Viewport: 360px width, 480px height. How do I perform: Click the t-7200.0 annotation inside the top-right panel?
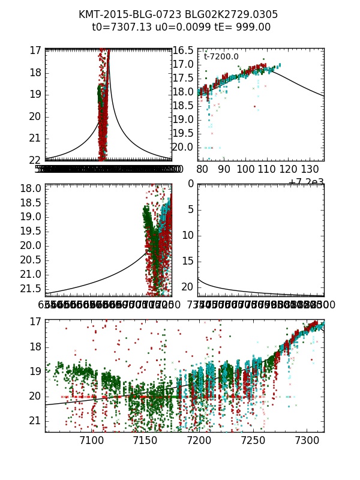point(221,57)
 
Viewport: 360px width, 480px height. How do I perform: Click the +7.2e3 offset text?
point(306,182)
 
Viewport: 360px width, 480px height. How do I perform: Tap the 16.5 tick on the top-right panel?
point(183,50)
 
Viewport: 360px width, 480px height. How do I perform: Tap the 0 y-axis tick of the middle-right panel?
point(189,184)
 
